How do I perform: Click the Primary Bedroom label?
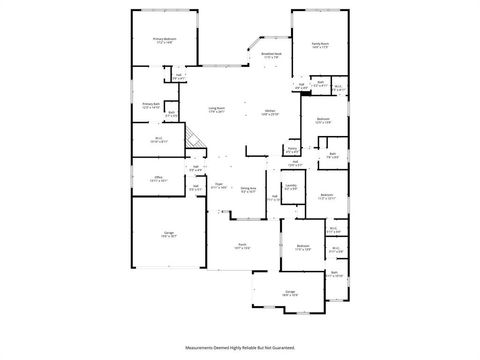tap(163, 41)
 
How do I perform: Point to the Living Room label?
tap(217, 109)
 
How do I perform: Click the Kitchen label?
tap(270, 111)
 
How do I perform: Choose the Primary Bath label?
tap(150, 105)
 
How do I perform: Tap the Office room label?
tap(157, 179)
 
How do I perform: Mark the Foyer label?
tap(217, 184)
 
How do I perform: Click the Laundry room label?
tap(291, 186)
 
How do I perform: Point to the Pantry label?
tap(294, 150)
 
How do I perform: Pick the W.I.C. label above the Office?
tap(157, 140)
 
